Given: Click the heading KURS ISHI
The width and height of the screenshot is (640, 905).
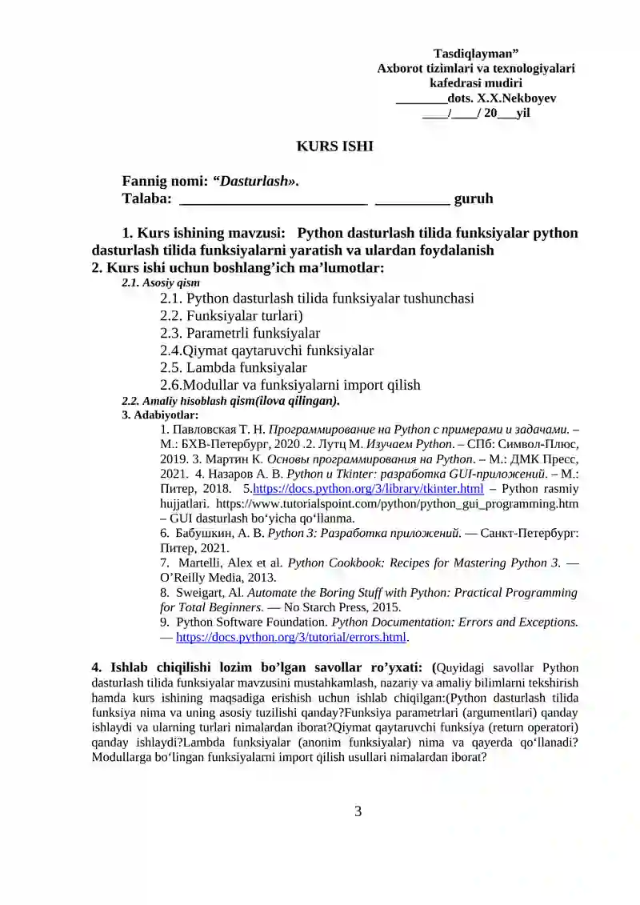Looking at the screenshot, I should point(324,146).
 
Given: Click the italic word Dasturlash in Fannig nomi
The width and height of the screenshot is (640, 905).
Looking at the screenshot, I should point(254,182).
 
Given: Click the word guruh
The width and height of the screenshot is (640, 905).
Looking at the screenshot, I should point(474,198).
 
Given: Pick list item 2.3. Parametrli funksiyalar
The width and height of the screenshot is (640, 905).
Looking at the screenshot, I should point(240,333).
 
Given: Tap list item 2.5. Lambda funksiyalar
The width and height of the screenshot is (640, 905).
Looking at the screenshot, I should point(234,367).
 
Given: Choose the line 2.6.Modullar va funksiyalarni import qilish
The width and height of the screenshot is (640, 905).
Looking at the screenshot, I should point(290,385).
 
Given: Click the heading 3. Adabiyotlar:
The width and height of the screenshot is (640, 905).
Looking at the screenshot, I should point(160,415).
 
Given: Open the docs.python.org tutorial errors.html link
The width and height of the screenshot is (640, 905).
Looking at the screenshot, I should point(292,638).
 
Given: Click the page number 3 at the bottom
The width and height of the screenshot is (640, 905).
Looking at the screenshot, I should point(358,811).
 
